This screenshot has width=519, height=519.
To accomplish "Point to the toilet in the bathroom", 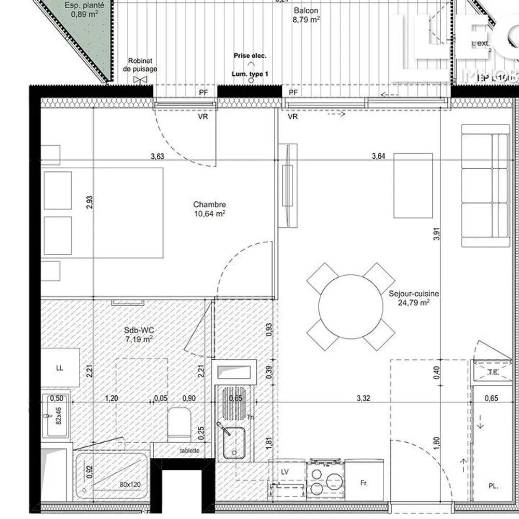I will [x=179, y=423].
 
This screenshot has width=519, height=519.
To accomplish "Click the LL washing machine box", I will [x=60, y=368].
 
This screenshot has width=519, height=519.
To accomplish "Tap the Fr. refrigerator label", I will [x=364, y=483].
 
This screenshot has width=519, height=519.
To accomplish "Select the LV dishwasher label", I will [x=284, y=472].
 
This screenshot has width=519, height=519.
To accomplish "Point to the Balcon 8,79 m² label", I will [x=306, y=16].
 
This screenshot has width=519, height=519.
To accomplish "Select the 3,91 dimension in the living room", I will [x=437, y=235].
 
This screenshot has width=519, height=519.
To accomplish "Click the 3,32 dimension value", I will [x=363, y=399].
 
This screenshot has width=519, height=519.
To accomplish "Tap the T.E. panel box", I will [x=493, y=372].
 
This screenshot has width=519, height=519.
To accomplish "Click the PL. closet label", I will [x=493, y=486].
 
